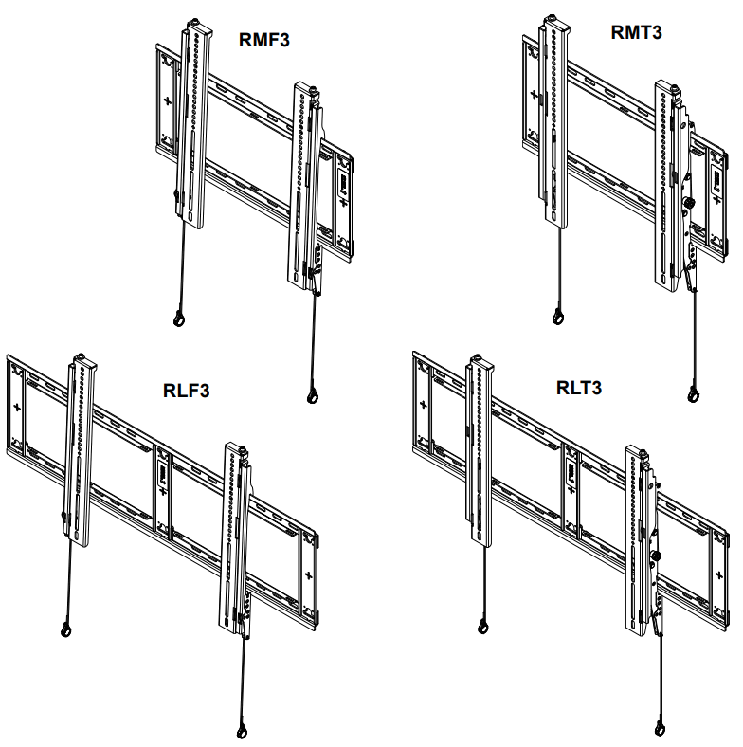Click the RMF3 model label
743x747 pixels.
coord(264,40)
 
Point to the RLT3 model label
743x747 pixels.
coord(579,389)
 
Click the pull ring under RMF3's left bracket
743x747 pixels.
coord(177,319)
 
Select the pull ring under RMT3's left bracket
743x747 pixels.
coord(559,315)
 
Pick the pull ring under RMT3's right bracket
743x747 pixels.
coord(696,392)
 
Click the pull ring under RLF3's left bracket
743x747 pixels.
coord(66,628)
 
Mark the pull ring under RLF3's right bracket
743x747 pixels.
coord(242,731)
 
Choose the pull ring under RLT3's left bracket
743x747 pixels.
coord(482,626)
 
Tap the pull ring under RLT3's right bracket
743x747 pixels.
coord(659,729)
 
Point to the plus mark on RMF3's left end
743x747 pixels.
coord(169,100)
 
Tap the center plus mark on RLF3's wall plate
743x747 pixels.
coord(163,492)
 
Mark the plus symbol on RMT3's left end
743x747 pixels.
coord(533,95)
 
